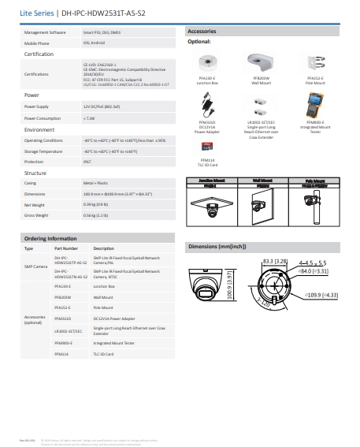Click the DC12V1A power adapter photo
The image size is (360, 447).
coord(209,106)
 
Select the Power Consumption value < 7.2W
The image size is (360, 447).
coord(89,117)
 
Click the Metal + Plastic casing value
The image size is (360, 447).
coord(95,181)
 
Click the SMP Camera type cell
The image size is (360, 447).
coord(35,267)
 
